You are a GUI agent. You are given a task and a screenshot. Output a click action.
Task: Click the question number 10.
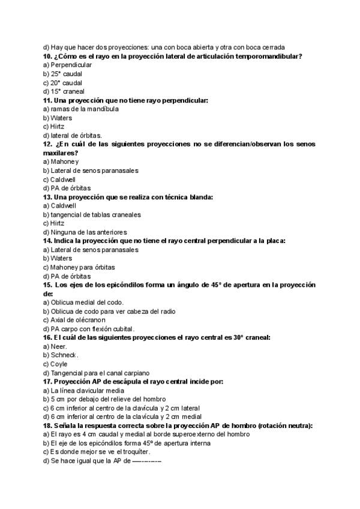(47, 56)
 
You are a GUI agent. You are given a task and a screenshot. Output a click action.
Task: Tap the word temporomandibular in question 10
(268, 56)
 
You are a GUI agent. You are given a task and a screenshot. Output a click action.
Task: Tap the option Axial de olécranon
(75, 320)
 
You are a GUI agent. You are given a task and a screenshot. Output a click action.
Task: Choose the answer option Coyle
(60, 364)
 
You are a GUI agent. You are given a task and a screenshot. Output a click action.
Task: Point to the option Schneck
(65, 355)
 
